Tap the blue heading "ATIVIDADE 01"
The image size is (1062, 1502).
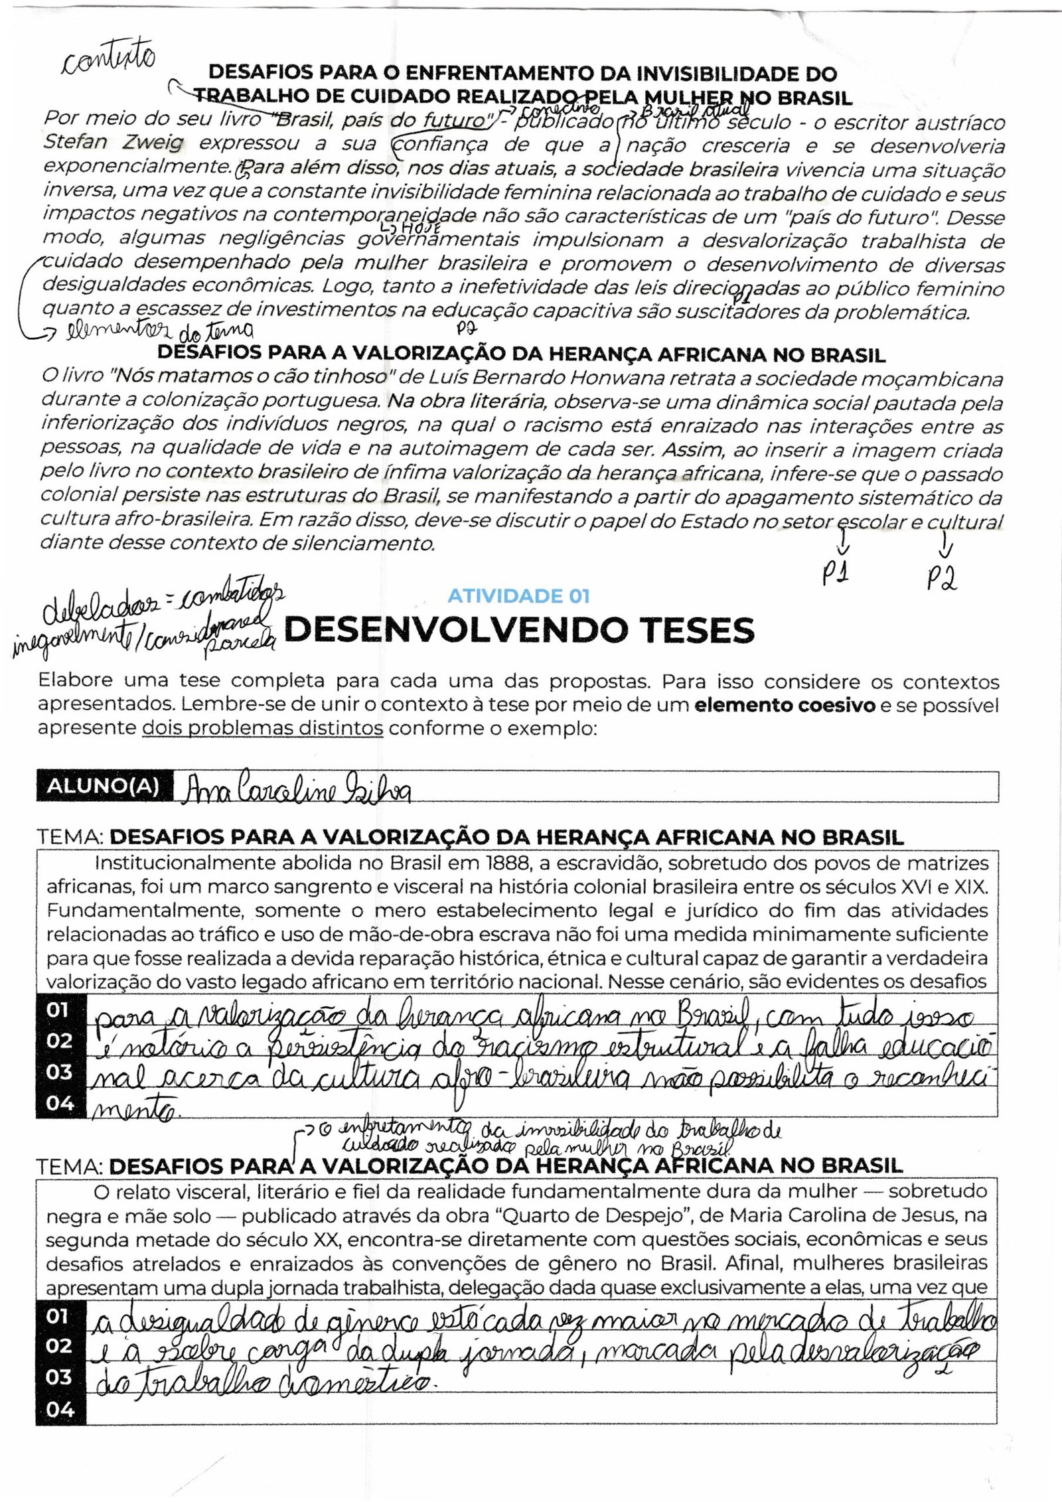[x=518, y=596]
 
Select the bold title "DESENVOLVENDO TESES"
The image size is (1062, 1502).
[x=518, y=631]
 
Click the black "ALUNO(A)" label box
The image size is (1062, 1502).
[x=104, y=786]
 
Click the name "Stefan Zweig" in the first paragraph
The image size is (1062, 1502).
[x=113, y=143]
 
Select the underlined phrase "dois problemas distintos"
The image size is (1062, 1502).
[x=263, y=728]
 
